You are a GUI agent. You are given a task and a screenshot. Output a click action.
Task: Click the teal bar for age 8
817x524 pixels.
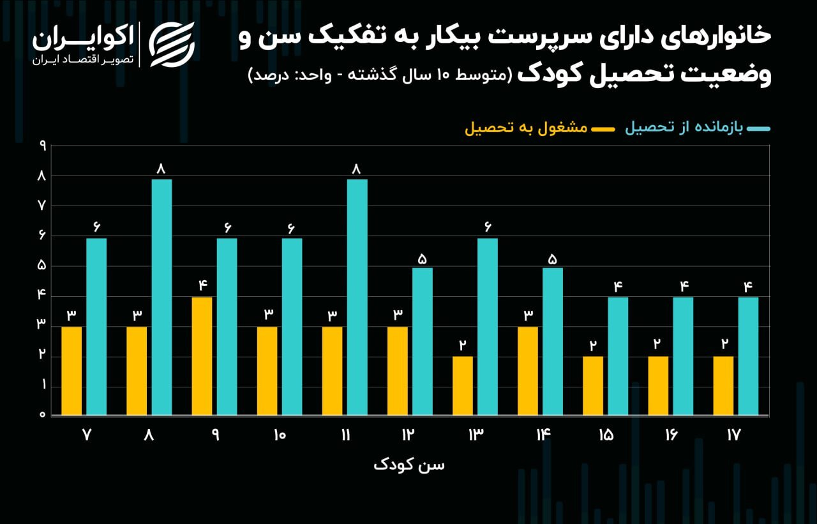coord(161,297)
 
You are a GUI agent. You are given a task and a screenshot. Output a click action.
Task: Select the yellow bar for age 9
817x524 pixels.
coord(202,356)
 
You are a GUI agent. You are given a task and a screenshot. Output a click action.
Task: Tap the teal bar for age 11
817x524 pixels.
coord(357,297)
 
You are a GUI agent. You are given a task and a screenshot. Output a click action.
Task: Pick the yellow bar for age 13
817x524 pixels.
coord(463,386)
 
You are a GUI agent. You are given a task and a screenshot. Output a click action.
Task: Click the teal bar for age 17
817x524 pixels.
coord(748,356)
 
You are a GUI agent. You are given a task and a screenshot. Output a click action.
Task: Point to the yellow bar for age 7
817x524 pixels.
coord(71,371)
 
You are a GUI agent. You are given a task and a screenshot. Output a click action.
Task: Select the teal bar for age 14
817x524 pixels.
coord(553,341)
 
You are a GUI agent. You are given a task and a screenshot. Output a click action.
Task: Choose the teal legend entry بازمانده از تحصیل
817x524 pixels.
coord(684,128)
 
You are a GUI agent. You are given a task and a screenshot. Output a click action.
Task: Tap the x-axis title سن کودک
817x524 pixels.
coord(408,465)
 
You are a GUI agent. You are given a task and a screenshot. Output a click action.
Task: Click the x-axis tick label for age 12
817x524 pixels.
coord(408,435)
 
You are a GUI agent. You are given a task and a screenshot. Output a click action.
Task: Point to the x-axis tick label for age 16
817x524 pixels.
coord(671,435)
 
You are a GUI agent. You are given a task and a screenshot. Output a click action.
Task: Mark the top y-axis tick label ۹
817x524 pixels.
coord(43,146)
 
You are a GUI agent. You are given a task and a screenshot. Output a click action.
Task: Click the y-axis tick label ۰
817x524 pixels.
coord(43,415)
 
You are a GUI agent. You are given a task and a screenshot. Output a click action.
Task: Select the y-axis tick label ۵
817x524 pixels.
coord(43,266)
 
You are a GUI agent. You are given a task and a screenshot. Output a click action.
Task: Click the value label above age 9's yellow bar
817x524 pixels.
coord(202,285)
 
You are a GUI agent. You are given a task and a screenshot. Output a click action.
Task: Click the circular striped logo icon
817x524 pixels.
coord(172,44)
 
